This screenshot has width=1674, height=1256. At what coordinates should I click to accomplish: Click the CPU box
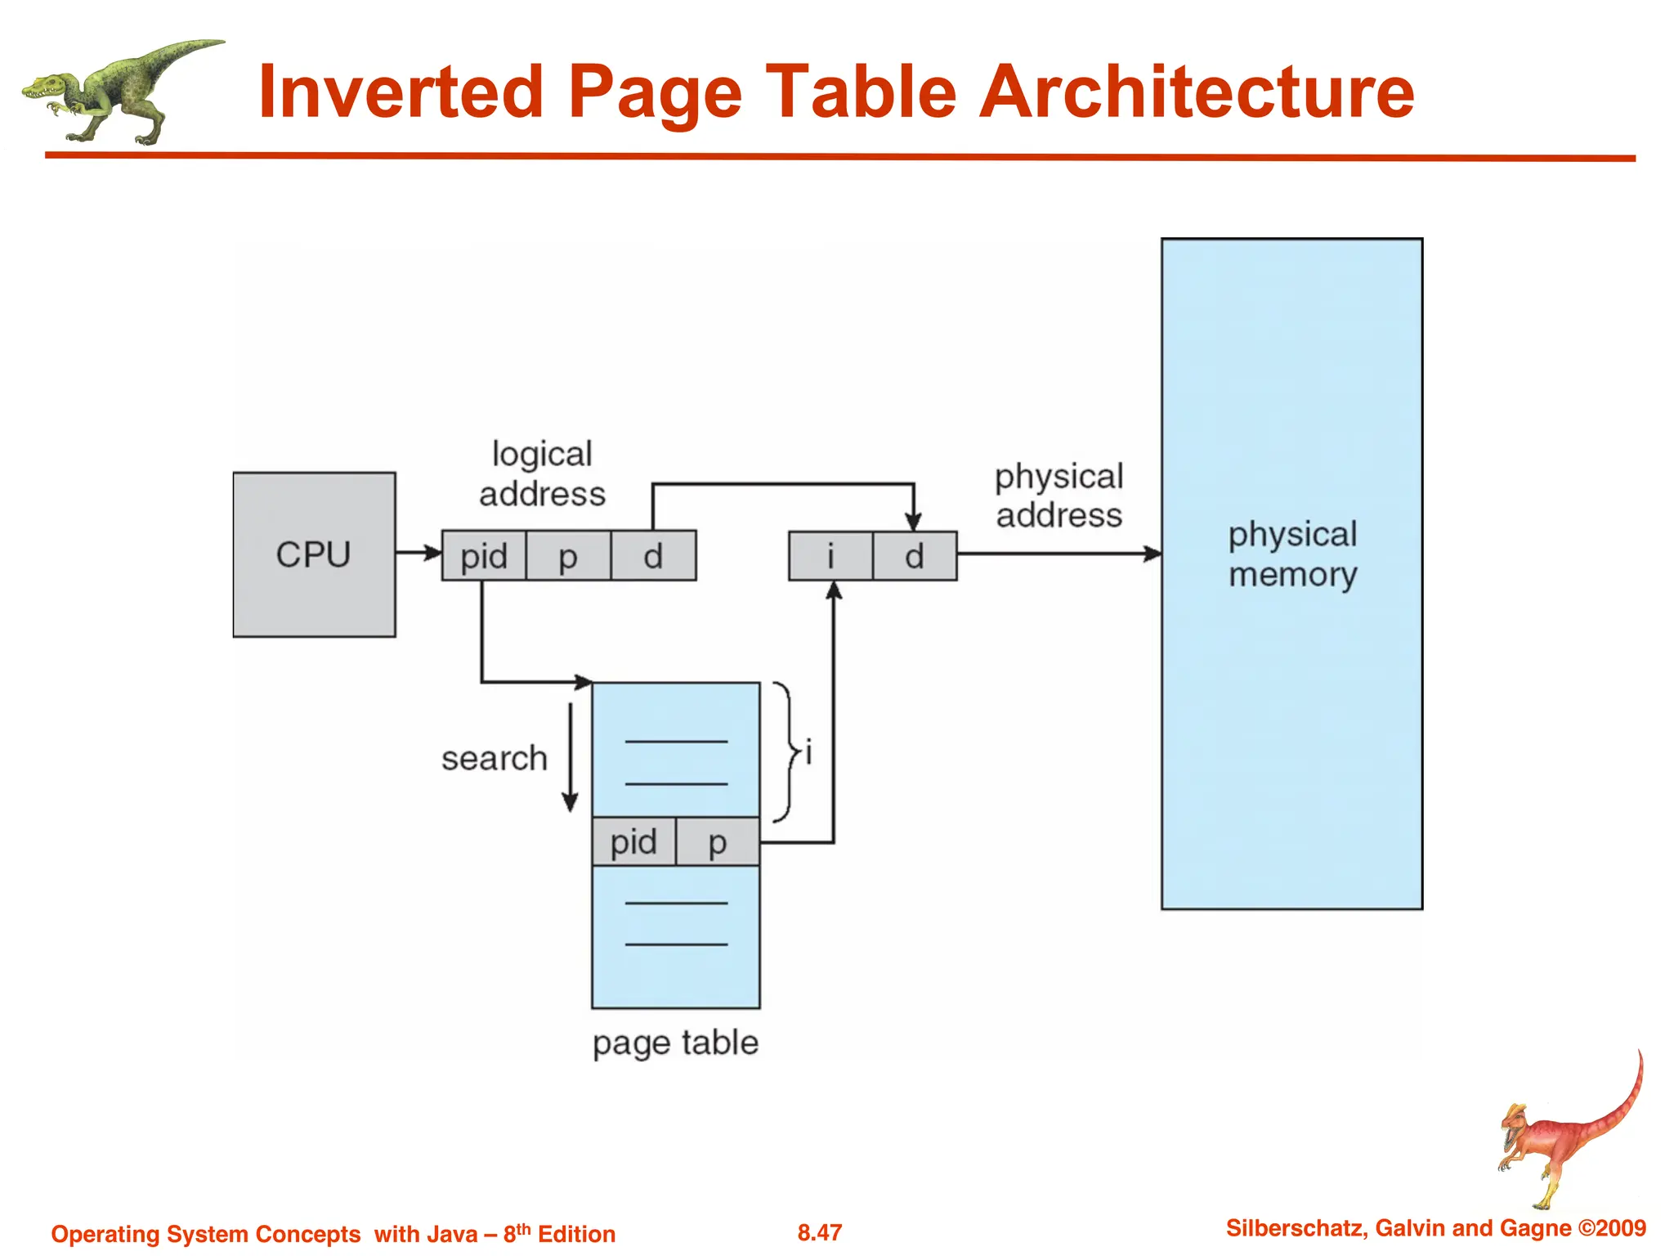point(314,554)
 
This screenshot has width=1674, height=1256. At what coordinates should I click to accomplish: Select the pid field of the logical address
point(484,556)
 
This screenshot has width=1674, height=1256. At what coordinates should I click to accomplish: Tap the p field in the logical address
point(568,556)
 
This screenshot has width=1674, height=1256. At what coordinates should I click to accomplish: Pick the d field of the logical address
point(653,556)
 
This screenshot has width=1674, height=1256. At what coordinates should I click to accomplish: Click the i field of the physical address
point(830,556)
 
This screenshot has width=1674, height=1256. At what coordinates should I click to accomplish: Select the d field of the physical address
point(915,556)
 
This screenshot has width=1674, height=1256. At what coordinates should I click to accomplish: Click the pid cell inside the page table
point(633,841)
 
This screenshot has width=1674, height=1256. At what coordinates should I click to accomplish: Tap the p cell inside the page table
point(718,841)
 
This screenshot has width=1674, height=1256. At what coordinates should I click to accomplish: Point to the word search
point(494,758)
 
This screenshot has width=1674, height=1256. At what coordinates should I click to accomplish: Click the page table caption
point(675,1043)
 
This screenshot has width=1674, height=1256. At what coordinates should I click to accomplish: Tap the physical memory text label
point(1292,554)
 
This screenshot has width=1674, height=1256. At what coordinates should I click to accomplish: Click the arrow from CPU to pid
point(418,553)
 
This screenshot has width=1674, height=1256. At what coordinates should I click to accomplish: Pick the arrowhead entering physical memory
point(1152,554)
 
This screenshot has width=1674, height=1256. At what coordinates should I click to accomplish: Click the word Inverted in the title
point(401,92)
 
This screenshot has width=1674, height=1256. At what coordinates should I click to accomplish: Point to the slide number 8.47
point(819,1232)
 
